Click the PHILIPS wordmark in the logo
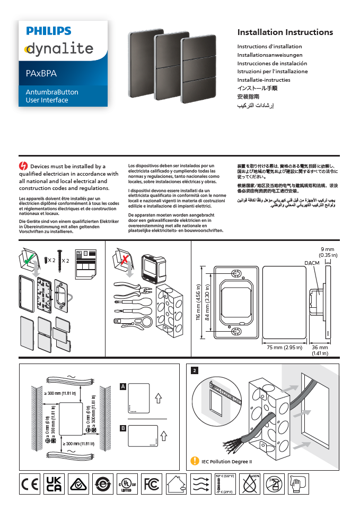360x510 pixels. coord(49,31)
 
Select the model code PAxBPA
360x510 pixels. coord(41,73)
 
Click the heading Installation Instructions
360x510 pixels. coord(285,32)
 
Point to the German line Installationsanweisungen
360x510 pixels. coord(270,55)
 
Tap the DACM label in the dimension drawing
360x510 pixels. coord(311,263)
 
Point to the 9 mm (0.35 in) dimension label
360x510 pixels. coord(328,252)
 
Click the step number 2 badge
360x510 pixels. coord(195,370)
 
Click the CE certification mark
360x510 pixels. coord(29,485)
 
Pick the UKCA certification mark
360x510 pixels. coord(54,485)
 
